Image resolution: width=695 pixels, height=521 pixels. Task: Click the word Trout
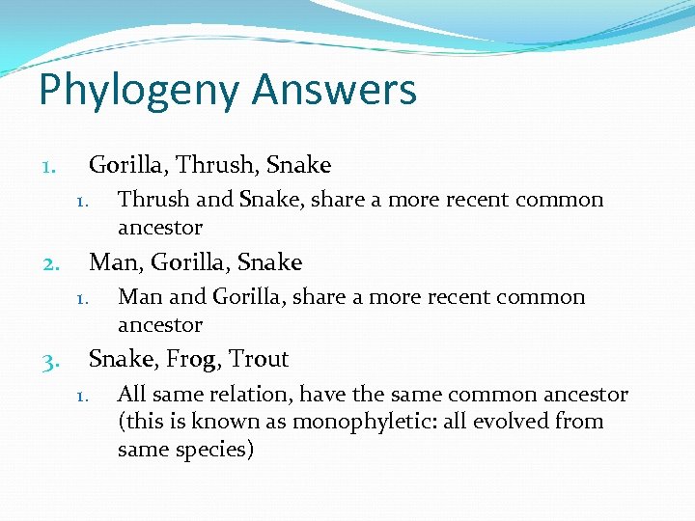point(259,359)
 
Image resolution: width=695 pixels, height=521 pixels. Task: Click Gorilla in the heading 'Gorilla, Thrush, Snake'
point(122,165)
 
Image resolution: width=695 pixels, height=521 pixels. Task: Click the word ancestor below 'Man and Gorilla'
point(160,324)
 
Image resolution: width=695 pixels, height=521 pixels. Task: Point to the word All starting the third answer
point(131,394)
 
